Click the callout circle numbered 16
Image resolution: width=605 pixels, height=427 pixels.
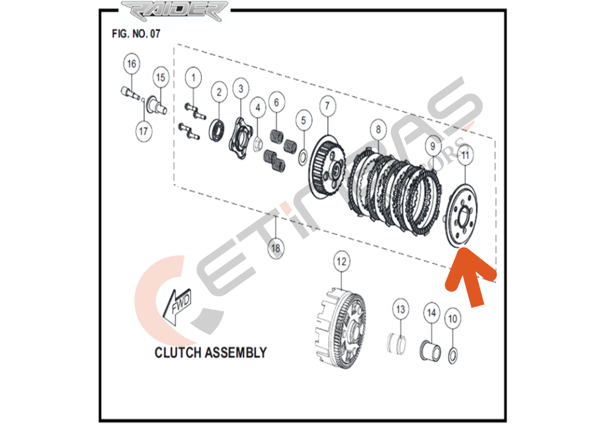132,64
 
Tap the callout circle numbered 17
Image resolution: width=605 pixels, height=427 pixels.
144,131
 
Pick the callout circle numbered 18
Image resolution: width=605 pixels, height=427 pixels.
276,248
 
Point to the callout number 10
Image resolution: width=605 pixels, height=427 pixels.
453,318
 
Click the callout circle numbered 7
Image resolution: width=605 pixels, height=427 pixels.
327,106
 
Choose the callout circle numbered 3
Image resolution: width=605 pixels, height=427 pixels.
240,89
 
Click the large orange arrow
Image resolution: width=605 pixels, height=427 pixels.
470,280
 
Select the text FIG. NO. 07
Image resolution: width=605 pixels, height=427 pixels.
136,34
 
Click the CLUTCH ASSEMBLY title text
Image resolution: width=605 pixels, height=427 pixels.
211,353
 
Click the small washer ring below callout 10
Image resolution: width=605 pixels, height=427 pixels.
454,354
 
